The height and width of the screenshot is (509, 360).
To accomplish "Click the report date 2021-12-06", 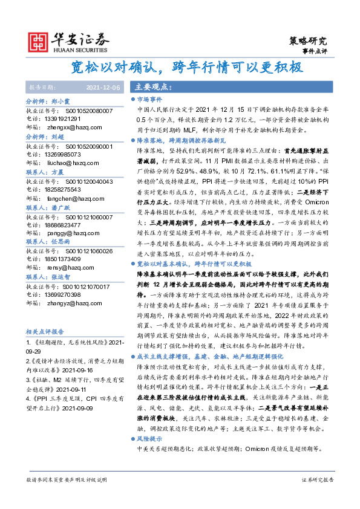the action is tap(103, 88).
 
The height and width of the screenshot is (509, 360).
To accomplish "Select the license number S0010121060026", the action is tap(89, 250).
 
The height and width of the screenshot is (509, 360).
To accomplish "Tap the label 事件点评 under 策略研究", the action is tap(315, 52).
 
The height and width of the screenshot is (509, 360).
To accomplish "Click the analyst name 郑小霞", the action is tap(61, 102).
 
